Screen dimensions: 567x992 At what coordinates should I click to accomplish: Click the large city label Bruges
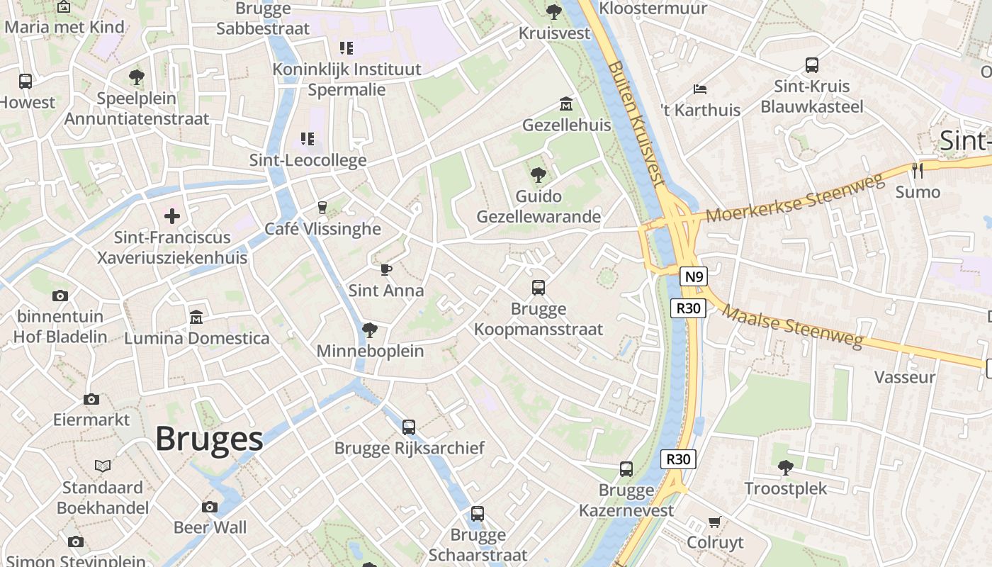point(209,439)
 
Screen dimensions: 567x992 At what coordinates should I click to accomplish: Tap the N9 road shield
point(694,276)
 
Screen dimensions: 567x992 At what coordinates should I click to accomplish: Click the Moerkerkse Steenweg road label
point(796,197)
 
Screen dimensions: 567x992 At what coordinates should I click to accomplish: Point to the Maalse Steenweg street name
point(794,327)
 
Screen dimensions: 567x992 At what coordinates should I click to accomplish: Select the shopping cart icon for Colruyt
point(715,522)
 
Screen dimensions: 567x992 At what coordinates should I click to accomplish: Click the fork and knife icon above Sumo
point(918,170)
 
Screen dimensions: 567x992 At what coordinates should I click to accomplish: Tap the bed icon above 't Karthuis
point(700,89)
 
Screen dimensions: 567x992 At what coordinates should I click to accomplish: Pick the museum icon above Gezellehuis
point(566,104)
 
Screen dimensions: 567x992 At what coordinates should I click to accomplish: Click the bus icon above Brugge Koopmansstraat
point(539,288)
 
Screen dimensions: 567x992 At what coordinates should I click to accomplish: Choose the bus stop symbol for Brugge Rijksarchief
point(409,427)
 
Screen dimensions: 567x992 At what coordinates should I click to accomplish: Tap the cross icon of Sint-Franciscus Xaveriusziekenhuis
point(172,215)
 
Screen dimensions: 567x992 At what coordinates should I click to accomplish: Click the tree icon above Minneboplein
point(369,330)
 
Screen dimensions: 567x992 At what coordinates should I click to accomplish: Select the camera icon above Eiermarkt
point(91,399)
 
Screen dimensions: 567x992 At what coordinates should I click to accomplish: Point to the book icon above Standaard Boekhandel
point(103,466)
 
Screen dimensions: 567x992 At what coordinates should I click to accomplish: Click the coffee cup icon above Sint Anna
point(385,269)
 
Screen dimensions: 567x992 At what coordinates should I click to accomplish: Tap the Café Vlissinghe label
point(322,229)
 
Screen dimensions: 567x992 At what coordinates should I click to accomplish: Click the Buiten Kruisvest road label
point(637,123)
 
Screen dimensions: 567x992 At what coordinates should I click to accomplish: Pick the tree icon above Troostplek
point(785,467)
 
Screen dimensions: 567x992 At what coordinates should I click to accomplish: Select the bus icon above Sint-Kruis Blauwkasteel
point(812,65)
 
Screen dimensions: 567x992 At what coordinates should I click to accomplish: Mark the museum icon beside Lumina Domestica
point(196,317)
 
